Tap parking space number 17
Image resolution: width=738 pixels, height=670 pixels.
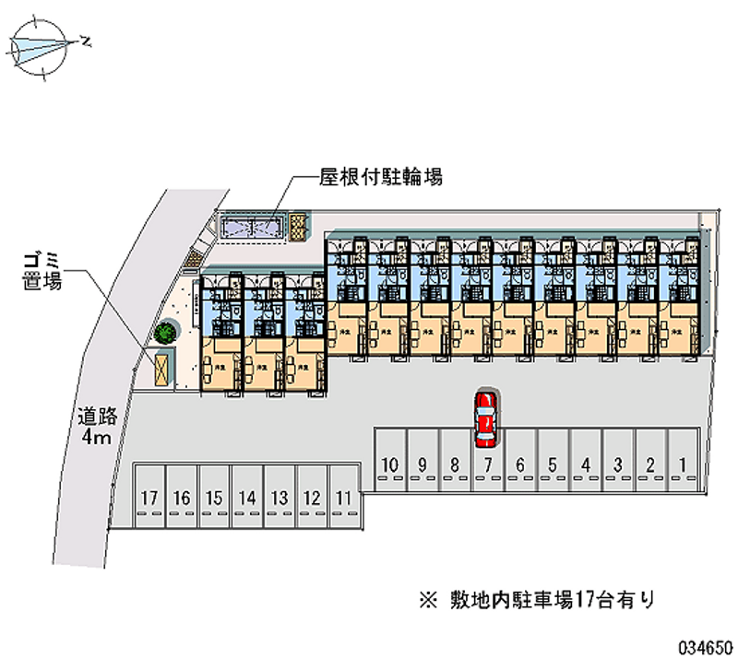coord(149,498)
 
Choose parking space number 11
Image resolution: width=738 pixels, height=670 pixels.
coord(344,498)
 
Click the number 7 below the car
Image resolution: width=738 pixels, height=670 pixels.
coord(487,464)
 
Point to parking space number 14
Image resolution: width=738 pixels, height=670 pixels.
coord(245,498)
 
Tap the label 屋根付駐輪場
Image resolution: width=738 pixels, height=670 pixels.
coord(381,176)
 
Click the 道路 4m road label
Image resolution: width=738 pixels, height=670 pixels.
coord(94,427)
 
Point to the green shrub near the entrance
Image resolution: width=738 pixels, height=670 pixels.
coord(166,329)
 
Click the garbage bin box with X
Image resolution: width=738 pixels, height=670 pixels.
coord(162,369)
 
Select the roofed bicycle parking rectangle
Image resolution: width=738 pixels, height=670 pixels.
coord(253,225)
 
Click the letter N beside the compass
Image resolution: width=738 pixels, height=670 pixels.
coord(86,41)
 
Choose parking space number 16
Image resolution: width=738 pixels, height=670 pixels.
coord(182,498)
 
